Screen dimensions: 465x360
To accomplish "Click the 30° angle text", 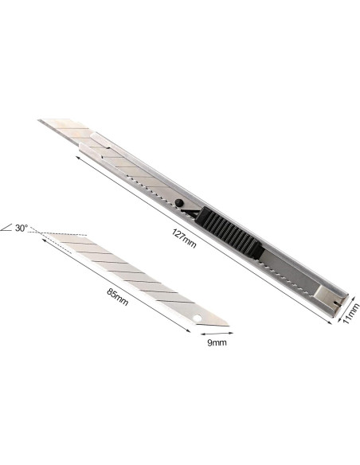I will point(22,228).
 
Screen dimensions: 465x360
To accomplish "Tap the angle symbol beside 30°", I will point(7,229).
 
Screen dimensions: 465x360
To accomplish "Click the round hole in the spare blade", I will point(198,318).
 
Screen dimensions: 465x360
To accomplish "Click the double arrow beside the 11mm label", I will point(339,313).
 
